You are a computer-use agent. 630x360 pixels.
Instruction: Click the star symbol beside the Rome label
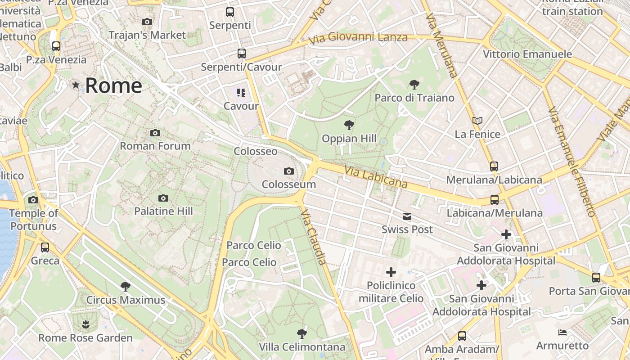(x=76, y=85)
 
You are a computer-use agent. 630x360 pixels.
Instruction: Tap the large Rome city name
(x=113, y=85)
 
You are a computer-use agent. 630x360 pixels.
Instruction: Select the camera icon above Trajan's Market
(x=147, y=22)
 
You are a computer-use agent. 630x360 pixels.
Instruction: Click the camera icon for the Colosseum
(x=289, y=171)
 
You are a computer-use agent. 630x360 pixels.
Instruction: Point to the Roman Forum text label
(x=155, y=146)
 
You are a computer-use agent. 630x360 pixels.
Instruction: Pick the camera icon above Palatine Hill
(x=163, y=198)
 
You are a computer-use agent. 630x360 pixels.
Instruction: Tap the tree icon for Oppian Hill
(x=349, y=125)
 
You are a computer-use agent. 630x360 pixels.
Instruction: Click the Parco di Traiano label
(x=414, y=98)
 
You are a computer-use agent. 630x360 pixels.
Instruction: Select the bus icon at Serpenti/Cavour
(x=242, y=54)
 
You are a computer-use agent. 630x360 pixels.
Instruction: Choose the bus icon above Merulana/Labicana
(x=494, y=166)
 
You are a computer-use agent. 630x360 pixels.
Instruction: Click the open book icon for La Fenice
(x=477, y=121)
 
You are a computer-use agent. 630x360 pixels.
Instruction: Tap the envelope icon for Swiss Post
(x=407, y=216)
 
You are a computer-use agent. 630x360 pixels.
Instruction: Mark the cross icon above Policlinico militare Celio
(x=391, y=272)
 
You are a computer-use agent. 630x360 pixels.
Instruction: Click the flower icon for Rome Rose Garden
(x=85, y=324)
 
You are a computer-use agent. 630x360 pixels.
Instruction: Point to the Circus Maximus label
(x=126, y=300)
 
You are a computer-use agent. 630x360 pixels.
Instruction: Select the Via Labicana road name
(x=376, y=177)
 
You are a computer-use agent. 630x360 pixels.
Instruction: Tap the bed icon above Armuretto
(x=562, y=333)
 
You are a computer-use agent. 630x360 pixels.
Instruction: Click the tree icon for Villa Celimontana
(x=302, y=333)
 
